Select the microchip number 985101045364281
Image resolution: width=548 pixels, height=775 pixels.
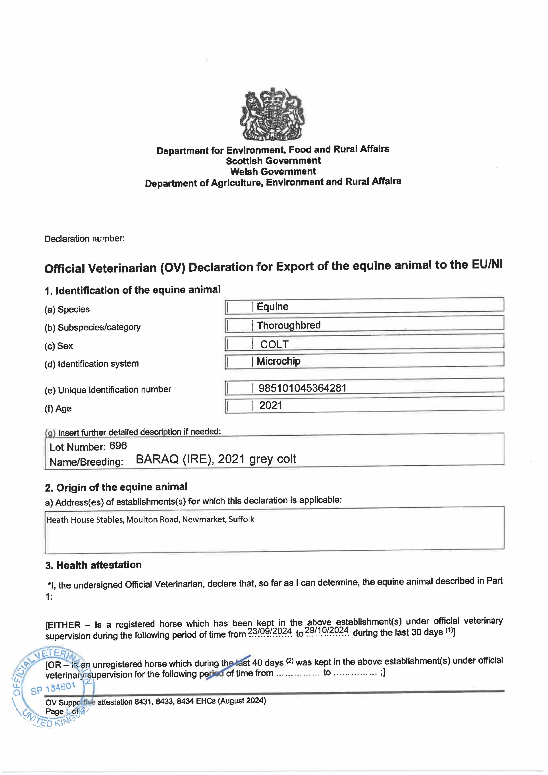303,388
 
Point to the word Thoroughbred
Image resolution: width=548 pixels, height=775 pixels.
288,325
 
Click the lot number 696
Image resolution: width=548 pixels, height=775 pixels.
118,446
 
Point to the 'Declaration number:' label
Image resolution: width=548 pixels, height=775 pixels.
84,239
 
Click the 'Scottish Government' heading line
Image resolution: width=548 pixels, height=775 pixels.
273,161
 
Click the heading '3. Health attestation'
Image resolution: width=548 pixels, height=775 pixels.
93,565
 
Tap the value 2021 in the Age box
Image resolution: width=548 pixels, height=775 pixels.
271,405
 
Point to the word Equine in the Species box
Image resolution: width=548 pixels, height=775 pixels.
273,306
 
